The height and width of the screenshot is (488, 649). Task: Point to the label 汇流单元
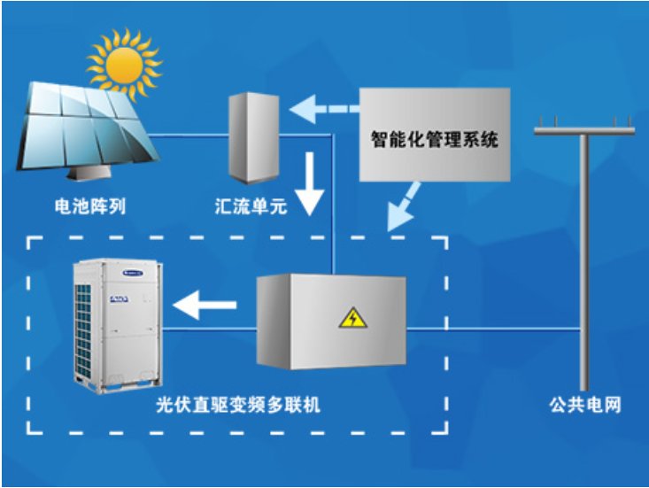250,208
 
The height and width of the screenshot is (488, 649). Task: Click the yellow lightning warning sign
353,317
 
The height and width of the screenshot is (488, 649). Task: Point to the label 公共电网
585,406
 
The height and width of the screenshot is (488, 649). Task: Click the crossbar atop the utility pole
584,131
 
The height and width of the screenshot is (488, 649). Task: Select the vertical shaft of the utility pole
585,266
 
